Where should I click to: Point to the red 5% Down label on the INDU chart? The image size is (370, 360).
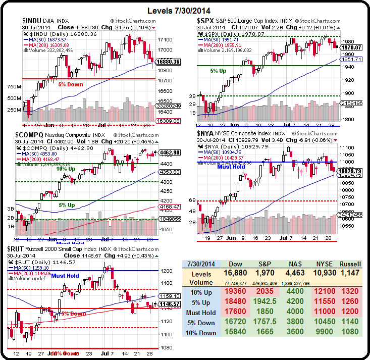(x=70, y=84)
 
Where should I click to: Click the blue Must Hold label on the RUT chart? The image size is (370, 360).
(x=65, y=276)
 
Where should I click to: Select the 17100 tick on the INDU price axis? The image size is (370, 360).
(x=164, y=39)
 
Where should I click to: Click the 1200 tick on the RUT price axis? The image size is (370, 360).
(x=166, y=271)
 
